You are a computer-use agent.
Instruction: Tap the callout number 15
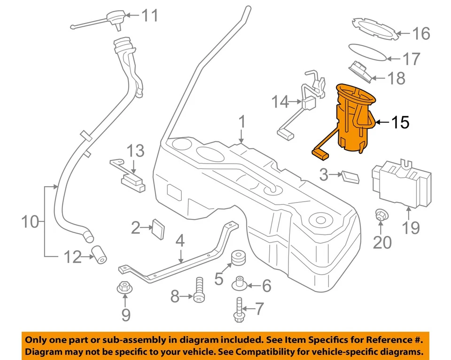[x=400, y=123]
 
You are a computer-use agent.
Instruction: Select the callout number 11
[x=150, y=16]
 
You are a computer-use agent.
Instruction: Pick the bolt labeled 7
[x=239, y=310]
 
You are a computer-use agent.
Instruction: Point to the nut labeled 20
[x=382, y=216]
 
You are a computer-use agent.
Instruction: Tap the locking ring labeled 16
[x=375, y=28]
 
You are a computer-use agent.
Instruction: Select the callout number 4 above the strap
[x=181, y=242]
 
